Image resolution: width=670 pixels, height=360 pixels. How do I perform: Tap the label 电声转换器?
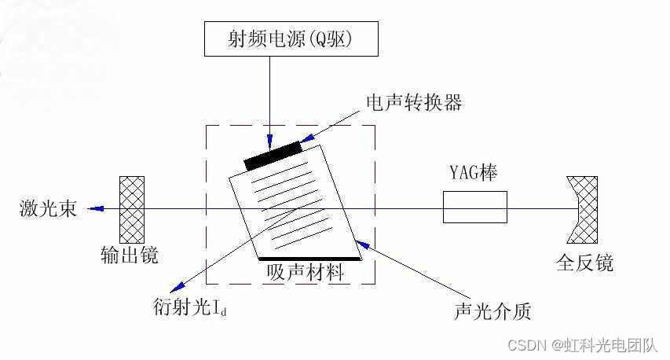click(413, 103)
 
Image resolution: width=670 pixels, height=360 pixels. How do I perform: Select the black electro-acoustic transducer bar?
click(273, 155)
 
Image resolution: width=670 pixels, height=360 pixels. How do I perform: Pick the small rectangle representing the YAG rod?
click(475, 208)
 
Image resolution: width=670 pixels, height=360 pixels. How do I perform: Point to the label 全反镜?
click(584, 263)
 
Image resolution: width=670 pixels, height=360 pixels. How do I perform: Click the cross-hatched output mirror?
click(132, 209)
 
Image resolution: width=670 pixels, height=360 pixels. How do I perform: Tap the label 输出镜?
click(130, 255)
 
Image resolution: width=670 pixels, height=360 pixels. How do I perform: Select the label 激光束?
click(47, 209)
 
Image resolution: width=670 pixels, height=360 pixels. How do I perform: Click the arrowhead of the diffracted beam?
click(180, 286)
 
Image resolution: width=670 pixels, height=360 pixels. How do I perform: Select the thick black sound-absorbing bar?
click(309, 258)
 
